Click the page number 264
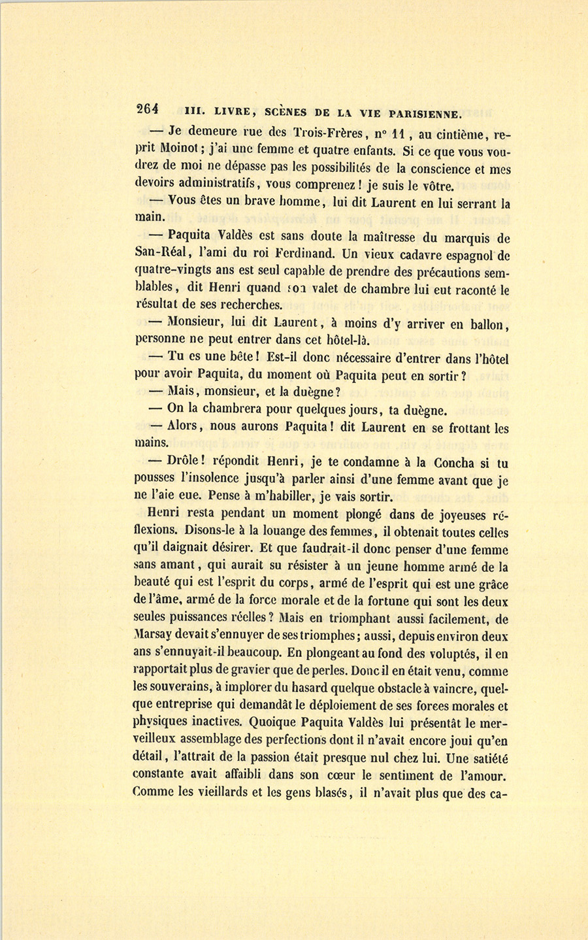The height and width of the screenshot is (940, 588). tap(150, 110)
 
